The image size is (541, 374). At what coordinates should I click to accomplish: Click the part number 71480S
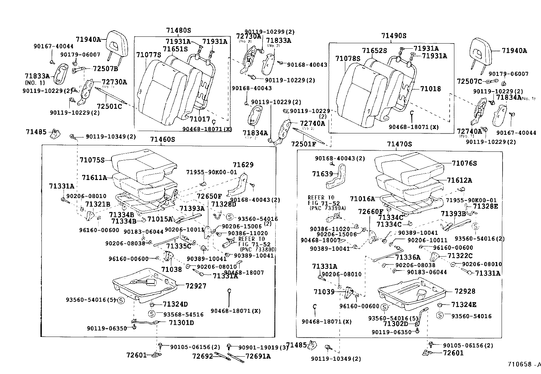[x=178, y=30]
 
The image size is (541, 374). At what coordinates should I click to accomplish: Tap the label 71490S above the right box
[x=394, y=36]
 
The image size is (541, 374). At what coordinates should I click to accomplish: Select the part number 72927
[x=196, y=286]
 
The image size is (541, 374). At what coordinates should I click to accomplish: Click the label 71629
[x=243, y=165]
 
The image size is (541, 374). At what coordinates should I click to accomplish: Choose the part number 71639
[x=322, y=174]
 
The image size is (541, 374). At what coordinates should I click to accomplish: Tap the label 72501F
[x=303, y=144]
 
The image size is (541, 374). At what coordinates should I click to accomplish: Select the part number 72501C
[x=109, y=106]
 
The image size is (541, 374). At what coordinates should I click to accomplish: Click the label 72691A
[x=258, y=356]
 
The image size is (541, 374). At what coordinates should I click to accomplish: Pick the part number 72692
[x=203, y=356]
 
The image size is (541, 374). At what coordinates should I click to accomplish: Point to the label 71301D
[x=181, y=322]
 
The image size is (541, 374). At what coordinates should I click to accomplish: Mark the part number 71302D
[x=396, y=324]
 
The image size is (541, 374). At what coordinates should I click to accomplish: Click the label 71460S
[x=162, y=139]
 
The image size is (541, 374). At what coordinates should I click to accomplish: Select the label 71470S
[x=399, y=144]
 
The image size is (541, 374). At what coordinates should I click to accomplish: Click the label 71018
[x=430, y=89]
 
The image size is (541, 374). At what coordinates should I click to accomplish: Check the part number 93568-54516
[x=183, y=314]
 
